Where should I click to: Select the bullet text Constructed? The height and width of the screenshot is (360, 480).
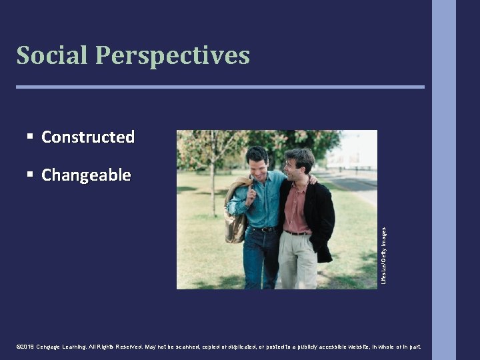pyautogui.click(x=88, y=137)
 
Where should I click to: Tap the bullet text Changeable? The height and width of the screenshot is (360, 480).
pyautogui.click(x=86, y=175)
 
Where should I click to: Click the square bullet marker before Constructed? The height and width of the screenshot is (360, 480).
pyautogui.click(x=30, y=136)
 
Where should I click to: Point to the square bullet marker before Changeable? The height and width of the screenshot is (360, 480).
pyautogui.click(x=30, y=174)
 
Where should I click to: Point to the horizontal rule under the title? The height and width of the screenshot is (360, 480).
pyautogui.click(x=220, y=87)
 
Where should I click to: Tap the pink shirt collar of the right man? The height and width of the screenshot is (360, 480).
pyautogui.click(x=293, y=187)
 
